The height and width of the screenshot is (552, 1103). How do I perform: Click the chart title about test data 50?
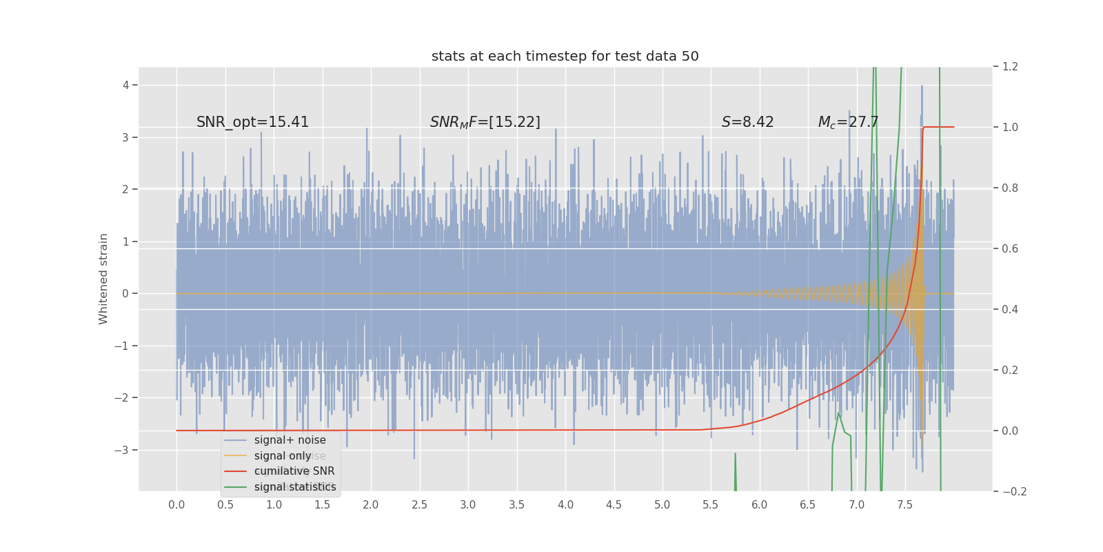[x=565, y=57]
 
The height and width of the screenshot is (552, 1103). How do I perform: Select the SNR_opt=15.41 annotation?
[x=252, y=122]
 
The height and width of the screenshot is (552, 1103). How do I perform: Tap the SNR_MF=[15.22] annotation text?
[x=485, y=122]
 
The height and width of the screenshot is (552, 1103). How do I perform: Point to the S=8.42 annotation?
[x=747, y=122]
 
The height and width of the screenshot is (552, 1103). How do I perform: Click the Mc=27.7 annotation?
[x=847, y=122]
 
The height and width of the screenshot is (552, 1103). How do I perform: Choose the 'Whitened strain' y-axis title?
[x=103, y=279]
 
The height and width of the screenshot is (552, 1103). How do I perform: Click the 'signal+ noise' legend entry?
[x=290, y=440]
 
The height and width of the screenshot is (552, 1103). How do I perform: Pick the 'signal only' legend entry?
[x=283, y=456]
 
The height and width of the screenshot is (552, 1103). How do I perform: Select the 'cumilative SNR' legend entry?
[x=294, y=471]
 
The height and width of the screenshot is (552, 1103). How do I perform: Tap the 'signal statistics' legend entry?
[x=295, y=487]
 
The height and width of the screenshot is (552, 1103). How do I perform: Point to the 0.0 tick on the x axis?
[x=176, y=504]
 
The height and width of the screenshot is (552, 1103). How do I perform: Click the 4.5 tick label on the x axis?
[x=614, y=504]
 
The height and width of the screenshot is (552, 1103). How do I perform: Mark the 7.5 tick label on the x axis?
[x=904, y=504]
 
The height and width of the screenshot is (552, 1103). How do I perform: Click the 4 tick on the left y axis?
[x=126, y=85]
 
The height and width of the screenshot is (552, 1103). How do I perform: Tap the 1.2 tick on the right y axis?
[x=1010, y=67]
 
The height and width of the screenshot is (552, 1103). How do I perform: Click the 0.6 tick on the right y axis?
[x=1010, y=248]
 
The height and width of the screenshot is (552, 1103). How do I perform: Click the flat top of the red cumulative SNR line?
[x=938, y=127]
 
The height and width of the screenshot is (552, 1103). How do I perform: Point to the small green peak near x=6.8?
[x=838, y=413]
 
